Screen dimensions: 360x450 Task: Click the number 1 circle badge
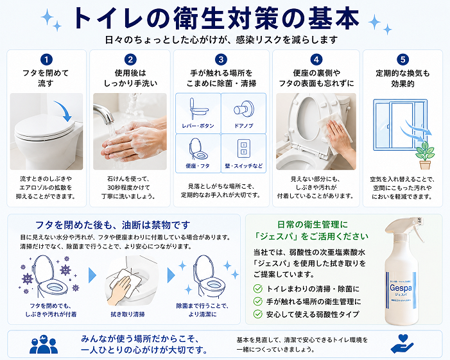point(46,60)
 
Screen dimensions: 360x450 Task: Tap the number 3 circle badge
point(221,60)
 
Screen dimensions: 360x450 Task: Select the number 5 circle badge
point(402,60)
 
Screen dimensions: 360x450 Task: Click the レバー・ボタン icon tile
point(198,112)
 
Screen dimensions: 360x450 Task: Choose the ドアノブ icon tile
point(243,112)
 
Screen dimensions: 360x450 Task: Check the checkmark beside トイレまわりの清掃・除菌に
point(257,288)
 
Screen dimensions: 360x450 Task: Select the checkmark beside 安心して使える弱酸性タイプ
point(257,314)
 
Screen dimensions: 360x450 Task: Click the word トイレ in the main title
point(107,19)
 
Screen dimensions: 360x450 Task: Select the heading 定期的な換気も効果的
point(402,78)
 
